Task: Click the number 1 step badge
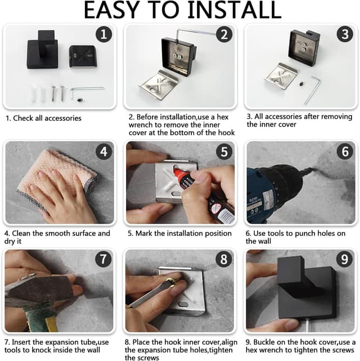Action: pyautogui.click(x=103, y=34)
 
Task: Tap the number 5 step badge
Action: pyautogui.click(x=224, y=151)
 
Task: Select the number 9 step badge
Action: pyautogui.click(x=344, y=259)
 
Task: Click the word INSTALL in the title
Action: pyautogui.click(x=235, y=10)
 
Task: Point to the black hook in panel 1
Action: pyautogui.click(x=43, y=50)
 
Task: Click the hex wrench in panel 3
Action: pyautogui.click(x=313, y=90)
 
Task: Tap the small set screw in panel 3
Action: pyautogui.click(x=301, y=84)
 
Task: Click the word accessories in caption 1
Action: pyautogui.click(x=63, y=118)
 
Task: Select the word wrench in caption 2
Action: pyautogui.click(x=140, y=125)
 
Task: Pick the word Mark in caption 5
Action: pyautogui.click(x=144, y=234)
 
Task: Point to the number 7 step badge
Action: pyautogui.click(x=103, y=259)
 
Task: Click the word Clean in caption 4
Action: pyautogui.click(x=21, y=234)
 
